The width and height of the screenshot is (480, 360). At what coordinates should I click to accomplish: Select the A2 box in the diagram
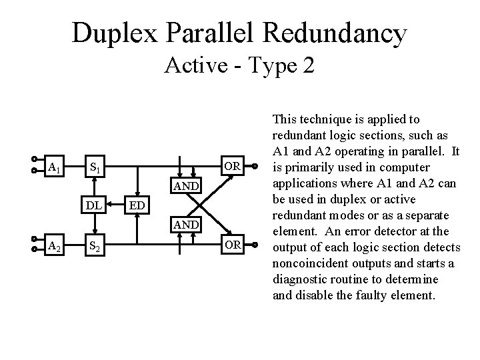click(x=55, y=248)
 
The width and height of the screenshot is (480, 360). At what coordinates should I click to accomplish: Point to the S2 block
click(x=95, y=248)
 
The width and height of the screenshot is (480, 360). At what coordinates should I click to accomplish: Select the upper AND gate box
click(x=185, y=186)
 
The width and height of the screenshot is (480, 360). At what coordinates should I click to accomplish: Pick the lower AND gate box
click(x=185, y=225)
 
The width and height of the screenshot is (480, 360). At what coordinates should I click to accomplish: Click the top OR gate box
click(x=232, y=165)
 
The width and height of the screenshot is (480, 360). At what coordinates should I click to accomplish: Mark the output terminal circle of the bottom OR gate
click(x=255, y=248)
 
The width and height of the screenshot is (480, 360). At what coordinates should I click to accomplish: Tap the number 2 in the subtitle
click(x=308, y=66)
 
